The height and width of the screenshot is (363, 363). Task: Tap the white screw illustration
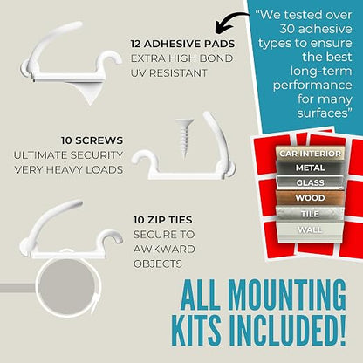[x=184, y=138]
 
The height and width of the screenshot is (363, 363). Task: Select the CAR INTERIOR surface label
[x=310, y=154]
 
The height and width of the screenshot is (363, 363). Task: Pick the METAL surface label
[x=310, y=168]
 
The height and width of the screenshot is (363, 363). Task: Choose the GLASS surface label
[x=310, y=182]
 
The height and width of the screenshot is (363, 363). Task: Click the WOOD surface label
[x=310, y=198]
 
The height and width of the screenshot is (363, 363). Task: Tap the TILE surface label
[x=310, y=214]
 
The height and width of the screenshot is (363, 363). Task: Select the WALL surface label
[x=310, y=229]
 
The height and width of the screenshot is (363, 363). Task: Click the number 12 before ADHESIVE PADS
[x=136, y=44]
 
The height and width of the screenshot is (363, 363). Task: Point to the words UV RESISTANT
[x=168, y=73]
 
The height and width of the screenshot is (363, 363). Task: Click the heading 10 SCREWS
[x=92, y=140]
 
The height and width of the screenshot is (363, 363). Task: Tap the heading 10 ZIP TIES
[x=163, y=220]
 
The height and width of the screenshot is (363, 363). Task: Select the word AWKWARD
[x=164, y=250]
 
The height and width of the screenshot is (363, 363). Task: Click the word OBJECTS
[x=158, y=264]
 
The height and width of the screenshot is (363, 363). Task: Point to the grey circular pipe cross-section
[x=67, y=287]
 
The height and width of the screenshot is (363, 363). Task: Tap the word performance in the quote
[x=312, y=86]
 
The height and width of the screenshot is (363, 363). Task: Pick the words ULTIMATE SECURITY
[x=68, y=155]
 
